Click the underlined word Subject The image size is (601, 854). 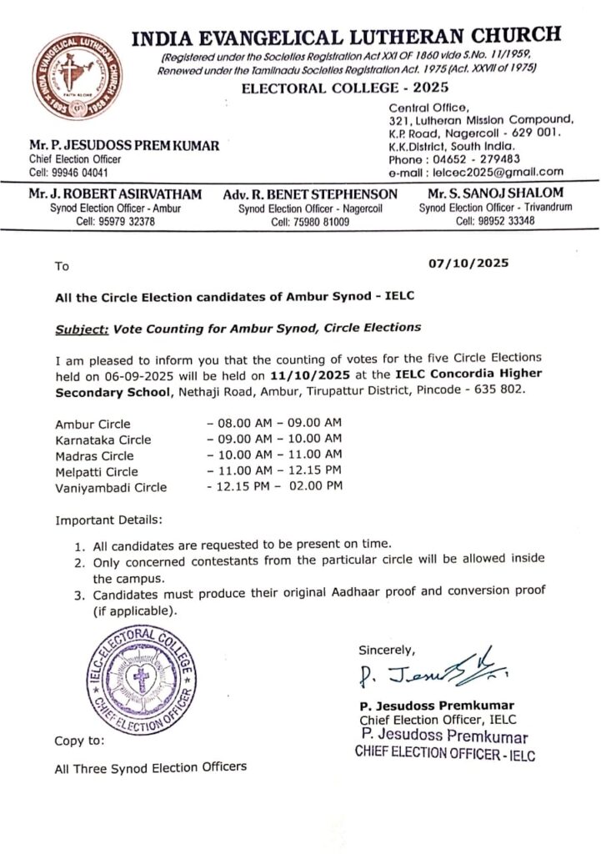[x=81, y=329]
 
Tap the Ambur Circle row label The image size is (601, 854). [x=93, y=424]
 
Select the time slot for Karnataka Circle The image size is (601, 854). [x=273, y=439]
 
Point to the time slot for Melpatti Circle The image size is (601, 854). [x=273, y=471]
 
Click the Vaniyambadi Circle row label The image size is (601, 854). [x=110, y=487]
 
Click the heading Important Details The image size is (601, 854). [x=108, y=520]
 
